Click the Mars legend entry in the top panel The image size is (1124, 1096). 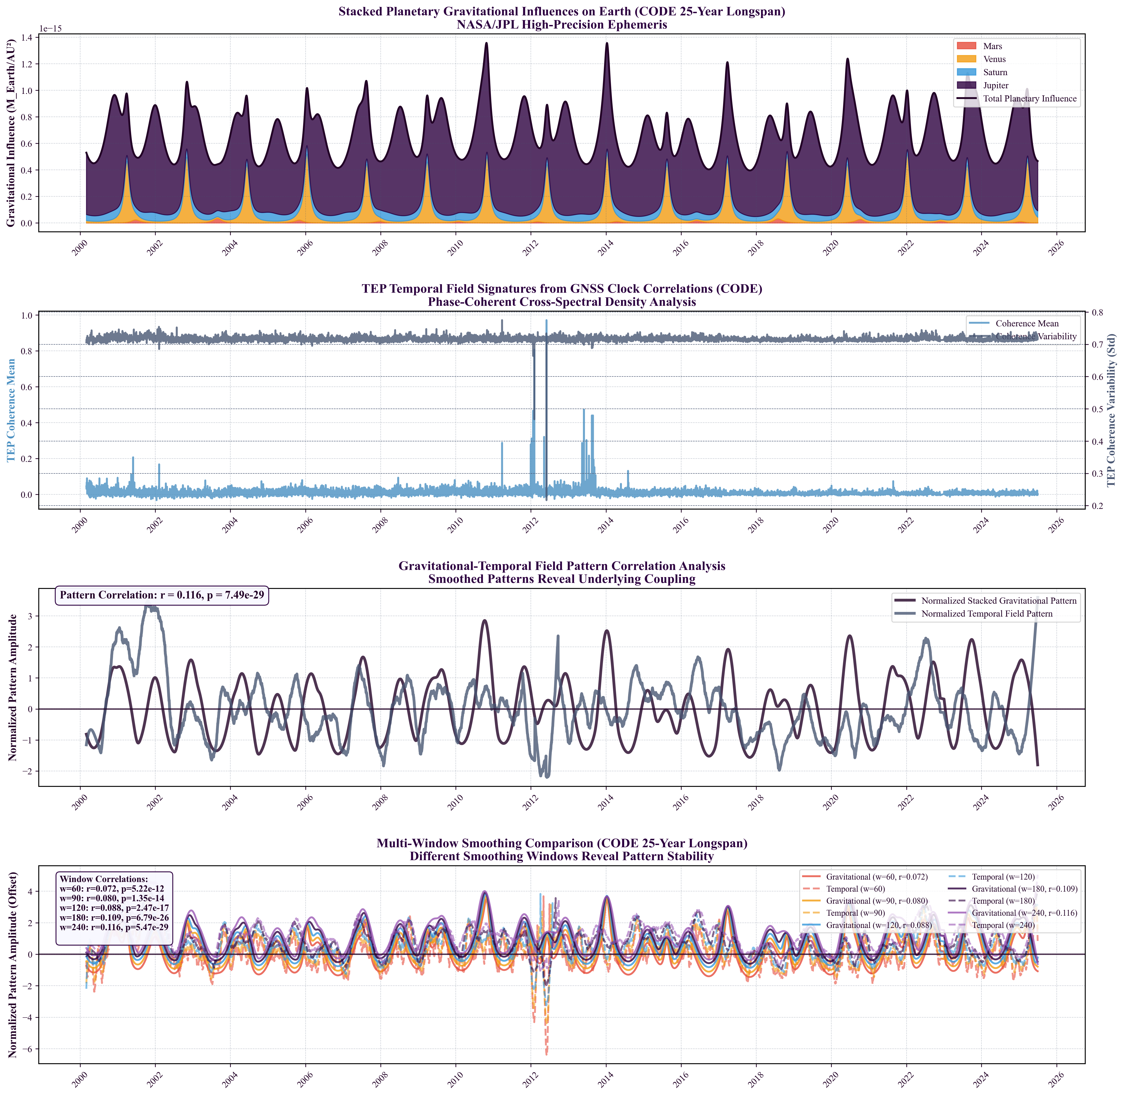992,46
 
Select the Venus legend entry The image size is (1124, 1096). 994,59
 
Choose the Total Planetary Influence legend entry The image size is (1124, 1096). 1030,99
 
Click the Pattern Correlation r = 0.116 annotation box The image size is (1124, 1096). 162,595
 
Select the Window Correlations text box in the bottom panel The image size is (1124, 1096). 114,908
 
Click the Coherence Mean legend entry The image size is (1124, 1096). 1027,323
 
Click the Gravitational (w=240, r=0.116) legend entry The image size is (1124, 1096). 1024,913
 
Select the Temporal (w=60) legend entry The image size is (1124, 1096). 855,889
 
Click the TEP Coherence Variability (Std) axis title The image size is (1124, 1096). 1111,410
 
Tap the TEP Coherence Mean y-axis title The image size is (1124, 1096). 11,410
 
